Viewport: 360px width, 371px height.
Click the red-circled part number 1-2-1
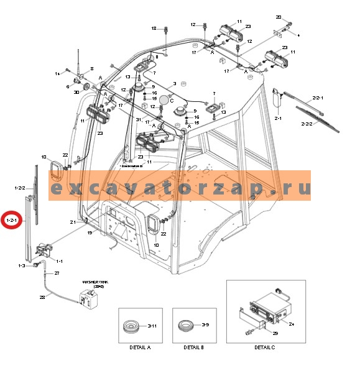(12, 220)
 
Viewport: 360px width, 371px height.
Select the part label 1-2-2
(19, 187)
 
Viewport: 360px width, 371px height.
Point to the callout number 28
(43, 297)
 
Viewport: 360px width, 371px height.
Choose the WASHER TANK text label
(90, 283)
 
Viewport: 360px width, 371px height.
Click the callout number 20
(279, 16)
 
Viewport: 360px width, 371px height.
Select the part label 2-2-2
(324, 124)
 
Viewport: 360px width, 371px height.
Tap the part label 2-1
(278, 117)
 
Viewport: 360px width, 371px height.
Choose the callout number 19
(90, 232)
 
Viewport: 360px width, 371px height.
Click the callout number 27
(57, 273)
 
